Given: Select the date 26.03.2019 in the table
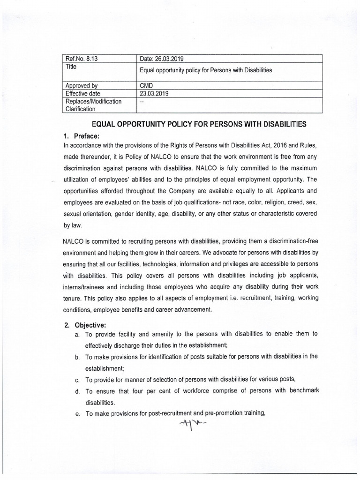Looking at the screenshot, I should coord(162,59).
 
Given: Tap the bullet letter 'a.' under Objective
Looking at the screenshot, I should coord(76,334).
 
